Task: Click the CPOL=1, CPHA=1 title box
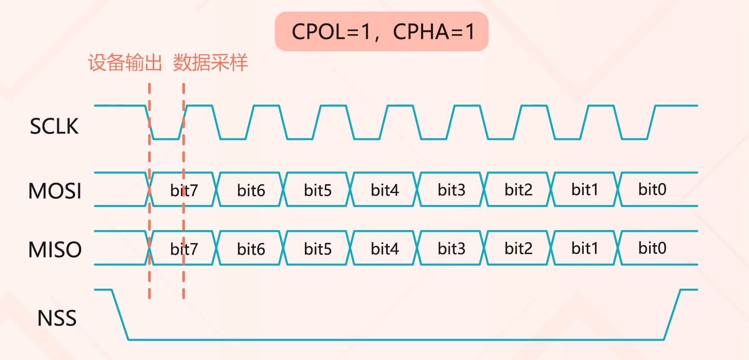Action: pyautogui.click(x=381, y=32)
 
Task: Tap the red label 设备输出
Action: pyautogui.click(x=125, y=63)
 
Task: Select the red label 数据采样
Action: pyautogui.click(x=210, y=63)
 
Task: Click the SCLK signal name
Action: pyautogui.click(x=54, y=126)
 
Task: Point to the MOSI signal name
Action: pyautogui.click(x=55, y=191)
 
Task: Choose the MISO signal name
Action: pyautogui.click(x=55, y=249)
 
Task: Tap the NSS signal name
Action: pyautogui.click(x=57, y=318)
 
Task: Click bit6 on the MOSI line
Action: pyautogui.click(x=251, y=190)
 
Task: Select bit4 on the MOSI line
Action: pyautogui.click(x=385, y=190)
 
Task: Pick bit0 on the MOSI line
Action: pyautogui.click(x=652, y=189)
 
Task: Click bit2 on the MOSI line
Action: pyautogui.click(x=518, y=190)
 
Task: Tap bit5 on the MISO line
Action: pyautogui.click(x=318, y=249)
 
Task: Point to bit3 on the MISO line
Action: pyautogui.click(x=451, y=248)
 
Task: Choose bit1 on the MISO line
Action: pyautogui.click(x=585, y=248)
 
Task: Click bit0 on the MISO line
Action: pyautogui.click(x=652, y=248)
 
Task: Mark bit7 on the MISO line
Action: pyautogui.click(x=184, y=249)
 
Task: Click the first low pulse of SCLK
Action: pyautogui.click(x=166, y=139)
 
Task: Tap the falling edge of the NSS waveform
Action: pyautogui.click(x=120, y=315)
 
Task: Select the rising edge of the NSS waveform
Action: pyautogui.click(x=672, y=315)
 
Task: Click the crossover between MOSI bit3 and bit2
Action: pyautogui.click(x=484, y=189)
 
